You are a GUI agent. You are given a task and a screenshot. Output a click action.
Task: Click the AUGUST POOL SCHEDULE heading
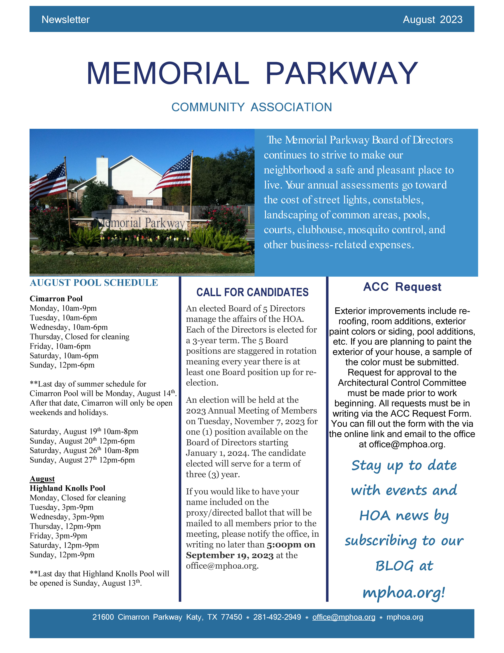pyautogui.click(x=94, y=283)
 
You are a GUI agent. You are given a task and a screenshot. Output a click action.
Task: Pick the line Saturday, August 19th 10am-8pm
pyautogui.click(x=84, y=431)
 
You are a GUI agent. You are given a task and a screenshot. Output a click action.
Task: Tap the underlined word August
pyautogui.click(x=42, y=479)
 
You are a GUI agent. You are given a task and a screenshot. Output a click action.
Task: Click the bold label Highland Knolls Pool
pyautogui.click(x=67, y=488)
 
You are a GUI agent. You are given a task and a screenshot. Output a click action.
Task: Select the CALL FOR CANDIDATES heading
pyautogui.click(x=252, y=292)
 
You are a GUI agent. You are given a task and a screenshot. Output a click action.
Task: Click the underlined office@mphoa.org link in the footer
pyautogui.click(x=344, y=617)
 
